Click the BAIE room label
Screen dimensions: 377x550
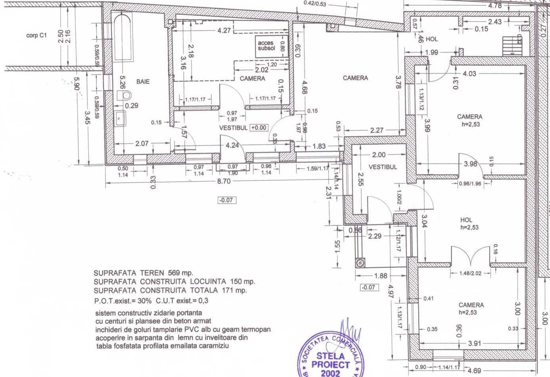coord(143,81)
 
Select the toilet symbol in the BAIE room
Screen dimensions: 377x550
coord(125,95)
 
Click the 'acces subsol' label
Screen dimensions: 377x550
coord(266,46)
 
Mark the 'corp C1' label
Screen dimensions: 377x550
coord(36,35)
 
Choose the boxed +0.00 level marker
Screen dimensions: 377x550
coord(259,128)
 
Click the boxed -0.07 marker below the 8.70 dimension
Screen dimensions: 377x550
coord(227,200)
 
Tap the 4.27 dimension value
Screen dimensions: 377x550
coord(224,31)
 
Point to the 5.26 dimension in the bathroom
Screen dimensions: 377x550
coord(123,83)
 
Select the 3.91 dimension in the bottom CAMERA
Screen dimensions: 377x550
coord(474,344)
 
